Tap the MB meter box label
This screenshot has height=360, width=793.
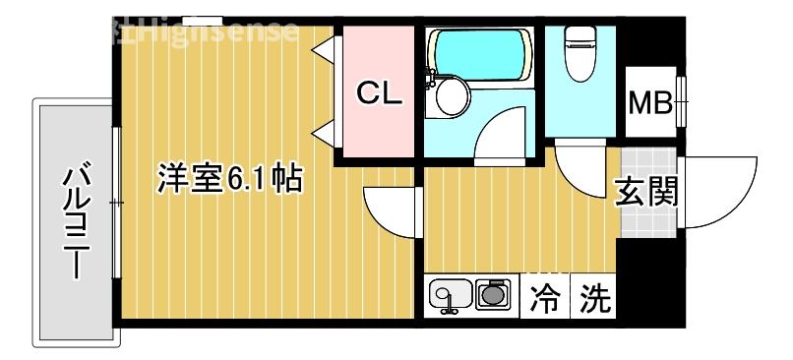649,101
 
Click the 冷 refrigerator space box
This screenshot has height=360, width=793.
544,297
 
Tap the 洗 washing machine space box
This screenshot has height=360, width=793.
592,297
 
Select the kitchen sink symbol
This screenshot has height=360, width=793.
448,296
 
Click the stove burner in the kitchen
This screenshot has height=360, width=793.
492,294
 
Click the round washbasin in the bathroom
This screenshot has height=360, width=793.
453,97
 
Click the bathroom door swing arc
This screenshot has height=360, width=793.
507,133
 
